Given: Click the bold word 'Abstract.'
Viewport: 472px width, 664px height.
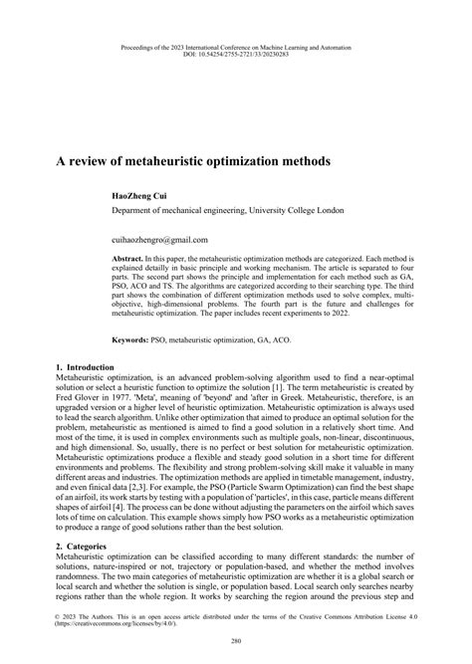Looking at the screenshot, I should tap(128, 257).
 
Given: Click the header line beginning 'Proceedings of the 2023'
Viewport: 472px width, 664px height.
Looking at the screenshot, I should tap(235, 44).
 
